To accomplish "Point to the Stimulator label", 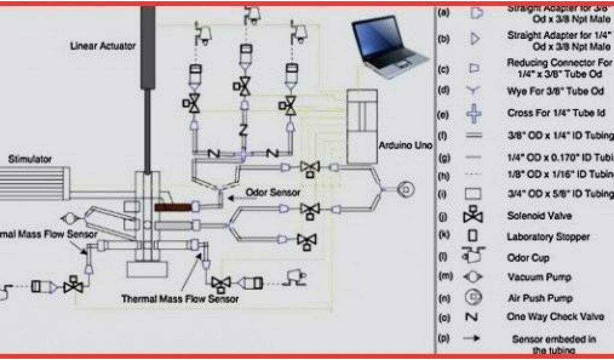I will point(30,159).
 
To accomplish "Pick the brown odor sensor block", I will point(173,206).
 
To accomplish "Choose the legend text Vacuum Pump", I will point(539,278).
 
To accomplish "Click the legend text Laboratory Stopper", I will point(548,236).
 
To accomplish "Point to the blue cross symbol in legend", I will point(474,113).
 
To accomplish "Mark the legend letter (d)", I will point(444,91).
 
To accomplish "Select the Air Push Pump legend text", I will point(540,298).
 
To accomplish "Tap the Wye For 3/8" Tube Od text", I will point(555,91).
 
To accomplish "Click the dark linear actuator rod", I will point(147,90).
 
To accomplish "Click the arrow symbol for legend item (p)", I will point(474,338).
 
